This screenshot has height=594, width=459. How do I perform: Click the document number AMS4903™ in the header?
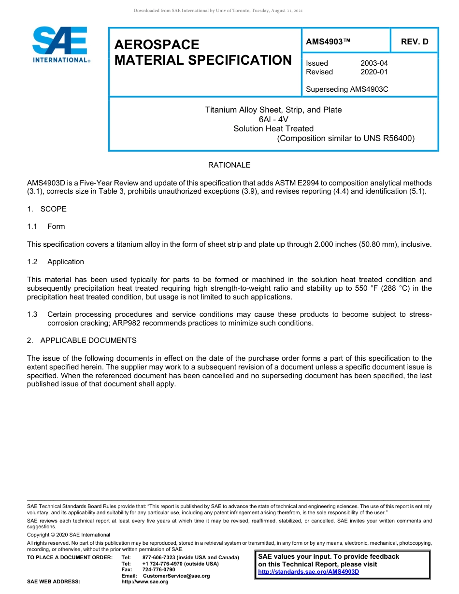click(x=328, y=42)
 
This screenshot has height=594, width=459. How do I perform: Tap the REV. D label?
click(x=415, y=42)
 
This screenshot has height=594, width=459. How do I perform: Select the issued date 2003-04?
click(x=374, y=63)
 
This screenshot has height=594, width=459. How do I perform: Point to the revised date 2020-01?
click(x=374, y=72)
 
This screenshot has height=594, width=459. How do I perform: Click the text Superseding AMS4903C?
click(x=347, y=89)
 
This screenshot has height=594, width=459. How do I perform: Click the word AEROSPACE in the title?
click(x=157, y=45)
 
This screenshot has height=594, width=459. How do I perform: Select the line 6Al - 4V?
click(x=273, y=119)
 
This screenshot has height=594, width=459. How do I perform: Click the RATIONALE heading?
click(x=229, y=165)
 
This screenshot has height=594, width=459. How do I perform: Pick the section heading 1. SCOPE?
click(x=47, y=209)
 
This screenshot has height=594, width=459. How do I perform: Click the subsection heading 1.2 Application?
click(x=56, y=262)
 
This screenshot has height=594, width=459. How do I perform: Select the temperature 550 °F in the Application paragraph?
click(x=361, y=288)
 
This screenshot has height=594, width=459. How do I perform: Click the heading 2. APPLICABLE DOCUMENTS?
click(x=82, y=340)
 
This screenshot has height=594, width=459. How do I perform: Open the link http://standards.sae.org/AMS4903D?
click(x=309, y=572)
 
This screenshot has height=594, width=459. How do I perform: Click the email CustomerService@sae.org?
click(x=176, y=576)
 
